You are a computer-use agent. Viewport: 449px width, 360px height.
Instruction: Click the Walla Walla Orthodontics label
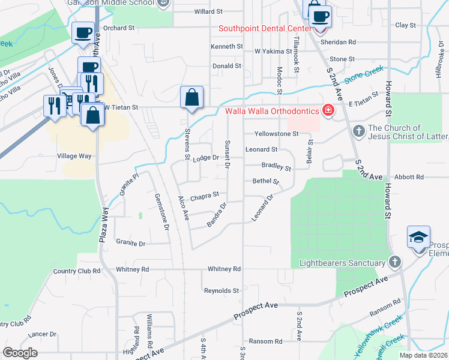272,110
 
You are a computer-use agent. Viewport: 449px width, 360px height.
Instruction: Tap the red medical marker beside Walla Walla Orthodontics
328,110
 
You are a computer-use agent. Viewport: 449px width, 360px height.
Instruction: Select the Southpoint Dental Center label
264,28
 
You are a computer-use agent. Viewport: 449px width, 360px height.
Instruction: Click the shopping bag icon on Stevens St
191,98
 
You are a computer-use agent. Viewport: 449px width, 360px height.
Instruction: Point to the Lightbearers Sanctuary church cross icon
394,263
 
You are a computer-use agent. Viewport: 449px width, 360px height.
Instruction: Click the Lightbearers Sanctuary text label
342,263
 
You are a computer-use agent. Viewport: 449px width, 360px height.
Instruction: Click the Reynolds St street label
221,291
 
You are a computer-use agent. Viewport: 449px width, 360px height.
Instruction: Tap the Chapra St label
205,195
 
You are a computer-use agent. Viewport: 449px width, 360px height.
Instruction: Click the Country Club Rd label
76,271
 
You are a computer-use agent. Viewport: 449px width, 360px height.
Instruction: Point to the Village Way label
74,156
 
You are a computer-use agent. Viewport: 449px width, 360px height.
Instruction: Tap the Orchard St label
118,28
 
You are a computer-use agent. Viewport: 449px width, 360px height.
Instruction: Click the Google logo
20,353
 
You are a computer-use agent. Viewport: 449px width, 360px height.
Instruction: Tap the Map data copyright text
423,355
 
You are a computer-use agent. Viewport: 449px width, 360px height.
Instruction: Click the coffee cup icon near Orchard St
83,32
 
